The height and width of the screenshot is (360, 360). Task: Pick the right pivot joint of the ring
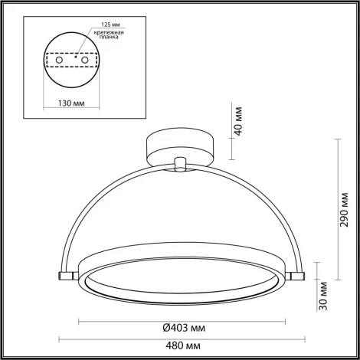(x=299, y=273)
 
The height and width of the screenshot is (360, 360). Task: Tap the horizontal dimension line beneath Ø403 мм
(x=182, y=319)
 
